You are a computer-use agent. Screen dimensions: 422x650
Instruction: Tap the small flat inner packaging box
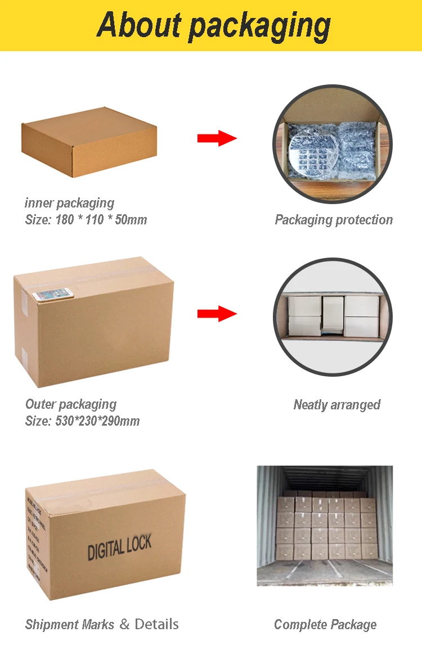[88, 141]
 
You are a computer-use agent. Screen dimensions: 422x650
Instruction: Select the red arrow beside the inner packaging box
[217, 138]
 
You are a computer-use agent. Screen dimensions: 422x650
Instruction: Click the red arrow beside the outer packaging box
[217, 314]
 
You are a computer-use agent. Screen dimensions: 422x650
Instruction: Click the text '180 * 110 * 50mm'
[101, 220]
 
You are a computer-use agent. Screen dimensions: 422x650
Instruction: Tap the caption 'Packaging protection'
[334, 220]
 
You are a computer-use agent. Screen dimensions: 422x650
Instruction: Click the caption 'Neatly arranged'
[336, 405]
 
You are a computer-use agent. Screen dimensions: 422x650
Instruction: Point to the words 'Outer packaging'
[71, 404]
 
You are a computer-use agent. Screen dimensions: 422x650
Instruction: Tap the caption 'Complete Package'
[325, 624]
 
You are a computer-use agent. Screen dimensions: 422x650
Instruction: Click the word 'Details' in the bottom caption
[157, 624]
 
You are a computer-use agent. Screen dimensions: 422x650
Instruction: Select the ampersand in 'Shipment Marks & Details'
[124, 624]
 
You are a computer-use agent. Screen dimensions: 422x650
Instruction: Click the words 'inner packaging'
[69, 203]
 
